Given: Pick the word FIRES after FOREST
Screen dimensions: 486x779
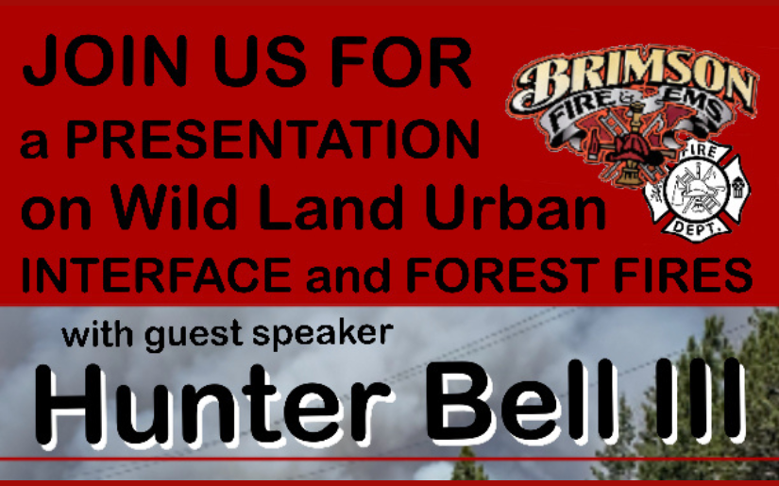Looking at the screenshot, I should (693, 275).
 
